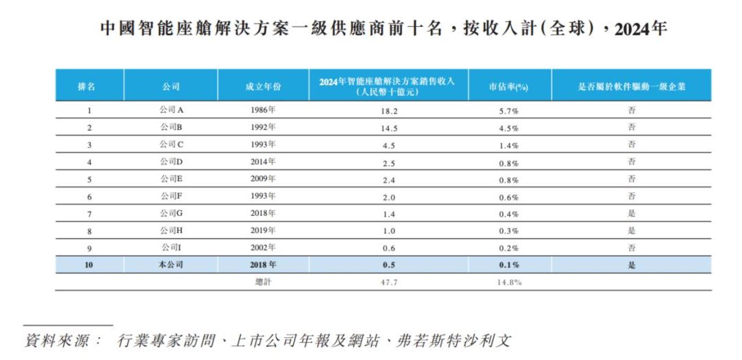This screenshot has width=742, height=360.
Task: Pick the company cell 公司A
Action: pos(171,110)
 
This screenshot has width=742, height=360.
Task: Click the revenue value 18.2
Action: pos(389,111)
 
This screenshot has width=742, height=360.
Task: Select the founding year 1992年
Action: pos(263,127)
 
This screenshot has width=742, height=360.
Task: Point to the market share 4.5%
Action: pos(509,128)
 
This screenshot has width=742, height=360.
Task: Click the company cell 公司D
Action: pos(171,162)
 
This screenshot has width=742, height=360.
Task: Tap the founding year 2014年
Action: pos(263,162)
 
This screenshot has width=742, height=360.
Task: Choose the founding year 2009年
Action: pos(263,179)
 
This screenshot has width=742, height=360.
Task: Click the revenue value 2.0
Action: pos(389,197)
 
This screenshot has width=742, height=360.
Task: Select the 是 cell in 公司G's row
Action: pos(631,214)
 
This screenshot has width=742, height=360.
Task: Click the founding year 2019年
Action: pos(263,231)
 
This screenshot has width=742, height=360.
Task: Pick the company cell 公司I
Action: pos(171,248)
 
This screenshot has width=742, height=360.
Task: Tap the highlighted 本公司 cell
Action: pos(171,265)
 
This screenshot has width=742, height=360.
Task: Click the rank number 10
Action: pos(89,265)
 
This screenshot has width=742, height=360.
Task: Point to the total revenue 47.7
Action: pos(389,282)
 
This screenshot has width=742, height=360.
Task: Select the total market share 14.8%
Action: pos(509,282)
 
